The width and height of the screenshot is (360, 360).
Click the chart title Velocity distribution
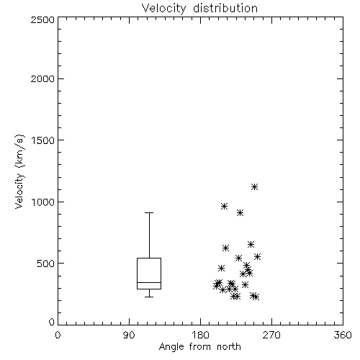(199, 9)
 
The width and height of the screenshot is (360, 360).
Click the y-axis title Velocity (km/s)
(19, 171)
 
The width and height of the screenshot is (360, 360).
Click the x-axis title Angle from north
(199, 347)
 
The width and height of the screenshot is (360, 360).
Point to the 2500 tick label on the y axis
(42, 19)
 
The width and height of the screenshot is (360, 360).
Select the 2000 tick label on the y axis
(42, 78)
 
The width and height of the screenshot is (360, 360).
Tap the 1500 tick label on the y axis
(43, 140)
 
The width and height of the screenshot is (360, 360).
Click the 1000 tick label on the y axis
(43, 202)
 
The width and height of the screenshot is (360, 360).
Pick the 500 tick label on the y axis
(45, 264)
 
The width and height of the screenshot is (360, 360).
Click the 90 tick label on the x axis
(129, 336)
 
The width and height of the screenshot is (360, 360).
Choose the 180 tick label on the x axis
(200, 336)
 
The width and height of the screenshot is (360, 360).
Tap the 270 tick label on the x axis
(271, 336)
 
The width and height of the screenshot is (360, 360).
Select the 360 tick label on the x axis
(343, 336)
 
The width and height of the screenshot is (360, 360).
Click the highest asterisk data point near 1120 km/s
(254, 186)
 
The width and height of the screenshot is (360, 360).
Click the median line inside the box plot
(149, 282)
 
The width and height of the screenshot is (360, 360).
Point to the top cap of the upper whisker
(149, 212)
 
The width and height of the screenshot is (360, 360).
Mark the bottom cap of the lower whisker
(149, 297)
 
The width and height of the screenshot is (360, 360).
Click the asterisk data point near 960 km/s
(224, 206)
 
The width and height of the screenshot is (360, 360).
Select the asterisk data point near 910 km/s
(240, 212)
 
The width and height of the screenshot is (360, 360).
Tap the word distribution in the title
(225, 9)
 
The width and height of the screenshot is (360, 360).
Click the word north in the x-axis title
(229, 347)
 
